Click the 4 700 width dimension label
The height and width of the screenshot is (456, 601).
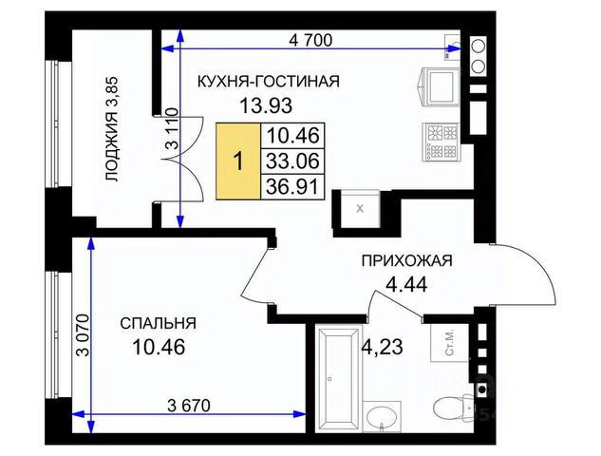tap(310, 40)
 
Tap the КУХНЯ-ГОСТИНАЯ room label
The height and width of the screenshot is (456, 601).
tap(269, 82)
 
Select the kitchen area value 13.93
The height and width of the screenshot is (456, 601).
tap(266, 105)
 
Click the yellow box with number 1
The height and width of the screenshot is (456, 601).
tap(238, 161)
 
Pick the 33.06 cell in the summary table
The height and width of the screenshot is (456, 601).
tap(292, 161)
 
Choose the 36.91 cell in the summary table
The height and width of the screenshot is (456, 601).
tap(292, 187)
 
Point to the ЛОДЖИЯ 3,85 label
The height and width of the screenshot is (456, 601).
tap(113, 129)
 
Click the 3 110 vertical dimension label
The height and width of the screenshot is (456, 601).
tap(172, 128)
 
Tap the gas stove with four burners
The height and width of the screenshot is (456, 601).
tap(441, 142)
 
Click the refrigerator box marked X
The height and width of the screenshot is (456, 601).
tap(360, 209)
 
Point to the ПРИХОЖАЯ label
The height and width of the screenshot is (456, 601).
tap(407, 261)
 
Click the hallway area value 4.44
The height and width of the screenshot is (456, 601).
tap(406, 285)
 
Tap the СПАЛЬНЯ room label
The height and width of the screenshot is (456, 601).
tap(158, 323)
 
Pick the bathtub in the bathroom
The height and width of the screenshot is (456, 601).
tap(338, 379)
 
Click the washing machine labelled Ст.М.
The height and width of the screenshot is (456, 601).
tap(450, 343)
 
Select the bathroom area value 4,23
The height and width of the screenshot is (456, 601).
tap(383, 347)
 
